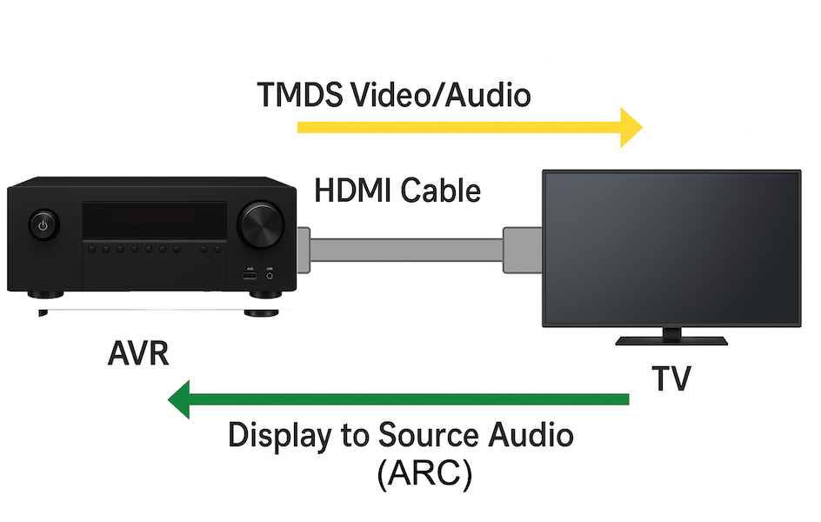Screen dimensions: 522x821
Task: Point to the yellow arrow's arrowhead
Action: pyautogui.click(x=630, y=127)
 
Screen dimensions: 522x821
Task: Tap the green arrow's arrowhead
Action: pyautogui.click(x=180, y=399)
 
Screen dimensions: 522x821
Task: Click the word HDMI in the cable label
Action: pyautogui.click(x=350, y=190)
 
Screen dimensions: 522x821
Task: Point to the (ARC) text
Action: pyautogui.click(x=425, y=474)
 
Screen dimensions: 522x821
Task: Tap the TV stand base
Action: pyautogui.click(x=671, y=338)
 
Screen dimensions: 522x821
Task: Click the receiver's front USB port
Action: pyautogui.click(x=250, y=276)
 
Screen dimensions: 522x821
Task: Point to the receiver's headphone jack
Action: pyautogui.click(x=270, y=276)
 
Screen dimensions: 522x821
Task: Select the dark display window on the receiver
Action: pyautogui.click(x=155, y=221)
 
